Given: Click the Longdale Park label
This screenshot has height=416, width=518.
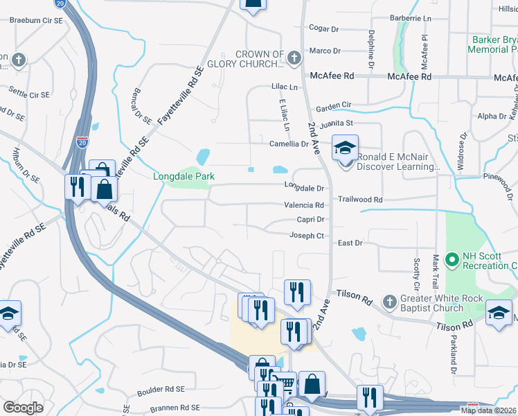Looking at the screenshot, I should [x=184, y=177].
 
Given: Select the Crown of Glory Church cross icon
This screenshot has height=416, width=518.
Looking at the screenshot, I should [x=294, y=57].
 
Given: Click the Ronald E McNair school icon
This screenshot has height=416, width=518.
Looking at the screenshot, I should [x=344, y=148].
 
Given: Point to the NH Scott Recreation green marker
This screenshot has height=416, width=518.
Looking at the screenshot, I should [x=453, y=261].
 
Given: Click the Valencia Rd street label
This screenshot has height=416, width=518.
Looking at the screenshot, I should [x=304, y=205].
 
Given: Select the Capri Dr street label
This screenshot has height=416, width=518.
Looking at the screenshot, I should [x=310, y=220].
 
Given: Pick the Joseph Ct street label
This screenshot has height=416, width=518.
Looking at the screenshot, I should [x=306, y=236].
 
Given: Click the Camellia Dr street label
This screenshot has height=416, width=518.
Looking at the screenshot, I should [x=289, y=144].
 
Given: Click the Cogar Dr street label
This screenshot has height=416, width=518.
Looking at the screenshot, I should [x=324, y=28].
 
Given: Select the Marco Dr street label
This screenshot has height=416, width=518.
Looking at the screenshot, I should [x=325, y=51].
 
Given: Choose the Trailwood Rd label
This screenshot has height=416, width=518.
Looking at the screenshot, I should [x=360, y=199].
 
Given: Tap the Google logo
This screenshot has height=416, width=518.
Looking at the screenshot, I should [x=23, y=408].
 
